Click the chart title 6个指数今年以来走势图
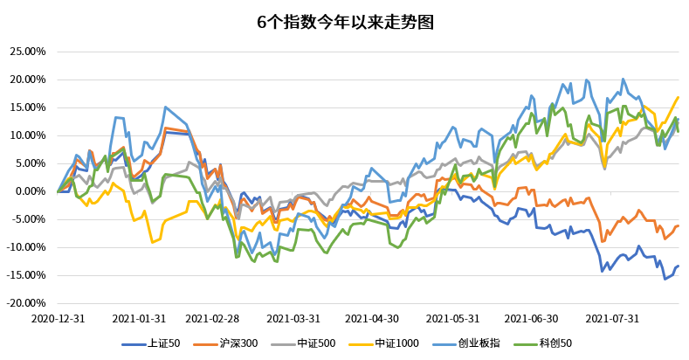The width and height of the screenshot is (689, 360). point(344,22)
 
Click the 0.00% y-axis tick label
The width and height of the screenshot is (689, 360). point(29,191)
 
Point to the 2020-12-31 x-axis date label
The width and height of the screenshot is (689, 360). point(58,320)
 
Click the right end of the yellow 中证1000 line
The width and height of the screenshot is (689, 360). point(679,97)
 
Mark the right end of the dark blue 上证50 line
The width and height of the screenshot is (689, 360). point(679,266)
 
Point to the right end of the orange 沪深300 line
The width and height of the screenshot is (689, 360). point(679,225)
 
